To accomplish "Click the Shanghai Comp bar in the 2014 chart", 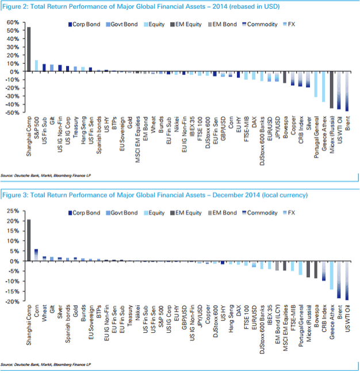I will coord(29,49).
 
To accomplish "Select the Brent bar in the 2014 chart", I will coord(347,91).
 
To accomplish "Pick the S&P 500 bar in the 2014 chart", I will coord(36,66).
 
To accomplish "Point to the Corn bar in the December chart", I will coord(36,255).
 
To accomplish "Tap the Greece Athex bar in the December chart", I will coord(331,275).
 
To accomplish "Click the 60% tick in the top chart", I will coord(12,22).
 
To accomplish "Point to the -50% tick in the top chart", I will coord(12,113).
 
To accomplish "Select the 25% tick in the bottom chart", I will coord(13,210).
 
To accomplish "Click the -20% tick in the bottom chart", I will coord(12,301).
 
